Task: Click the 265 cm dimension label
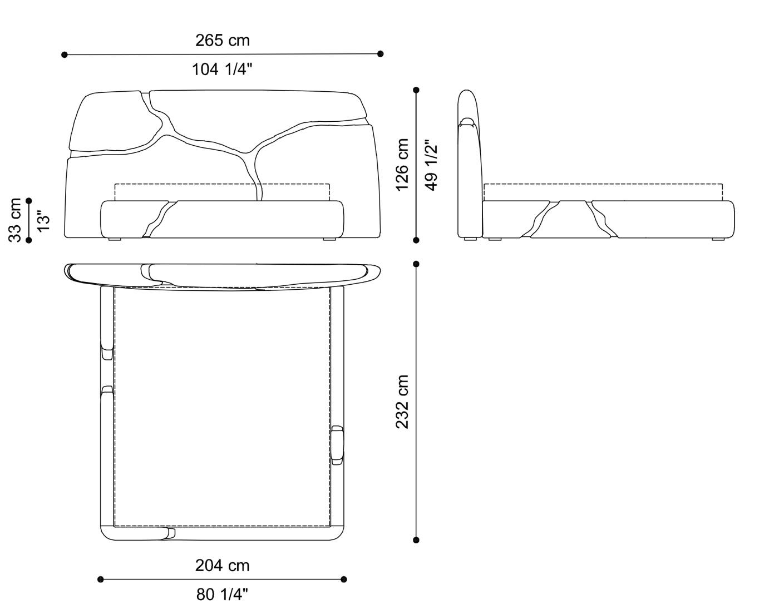[x=222, y=41]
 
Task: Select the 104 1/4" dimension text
[x=222, y=70]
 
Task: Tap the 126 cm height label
[x=402, y=165]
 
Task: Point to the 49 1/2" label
[x=431, y=165]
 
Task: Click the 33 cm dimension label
[x=15, y=220]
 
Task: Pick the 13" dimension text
[x=43, y=220]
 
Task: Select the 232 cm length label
[x=402, y=402]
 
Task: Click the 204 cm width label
[x=222, y=566]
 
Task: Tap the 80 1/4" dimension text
[x=222, y=595]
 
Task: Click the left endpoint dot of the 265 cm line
[x=65, y=55]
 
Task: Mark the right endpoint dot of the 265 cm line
[x=381, y=54]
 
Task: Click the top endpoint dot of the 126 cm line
[x=416, y=90]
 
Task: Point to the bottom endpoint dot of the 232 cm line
[x=416, y=539]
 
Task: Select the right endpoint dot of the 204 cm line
[x=344, y=579]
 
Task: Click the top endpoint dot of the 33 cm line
[x=29, y=201]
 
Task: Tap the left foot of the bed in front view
[x=115, y=239]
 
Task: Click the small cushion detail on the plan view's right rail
[x=337, y=445]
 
